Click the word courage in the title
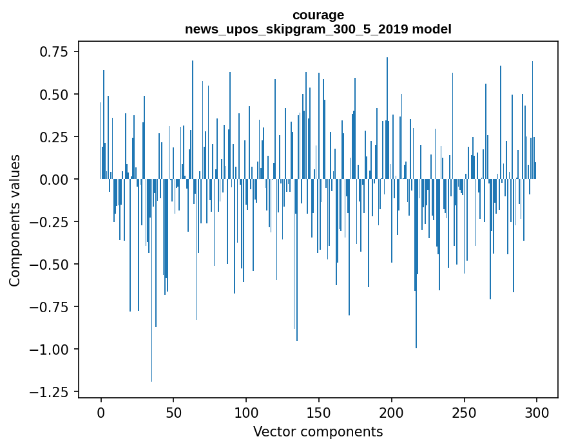318,15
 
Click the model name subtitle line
318,29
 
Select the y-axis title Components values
15,220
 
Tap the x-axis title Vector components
318,431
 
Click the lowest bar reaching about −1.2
152,322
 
